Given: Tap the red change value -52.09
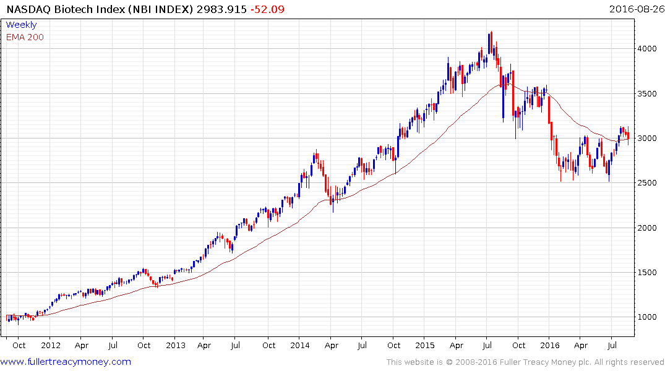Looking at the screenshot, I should tap(267, 9).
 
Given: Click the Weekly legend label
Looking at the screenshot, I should tap(21, 25).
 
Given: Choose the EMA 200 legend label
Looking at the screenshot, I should tap(25, 37).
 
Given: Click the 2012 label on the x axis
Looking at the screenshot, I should tap(51, 345).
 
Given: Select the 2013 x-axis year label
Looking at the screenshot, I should tap(176, 345).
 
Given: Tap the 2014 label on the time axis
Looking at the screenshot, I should tap(300, 345).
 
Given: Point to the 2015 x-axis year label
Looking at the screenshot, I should tap(425, 345).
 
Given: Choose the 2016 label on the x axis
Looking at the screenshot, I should tap(549, 345).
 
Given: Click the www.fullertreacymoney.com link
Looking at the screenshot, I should tap(66, 362).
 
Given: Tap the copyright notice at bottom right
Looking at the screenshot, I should tap(525, 362).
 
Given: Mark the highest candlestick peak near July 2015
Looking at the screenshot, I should tap(491, 32).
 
